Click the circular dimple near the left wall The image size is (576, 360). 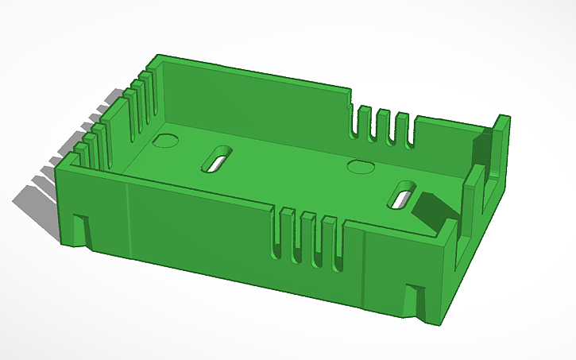(x=165, y=141)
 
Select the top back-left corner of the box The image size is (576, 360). (x=158, y=57)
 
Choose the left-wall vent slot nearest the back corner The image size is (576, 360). (x=148, y=99)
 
